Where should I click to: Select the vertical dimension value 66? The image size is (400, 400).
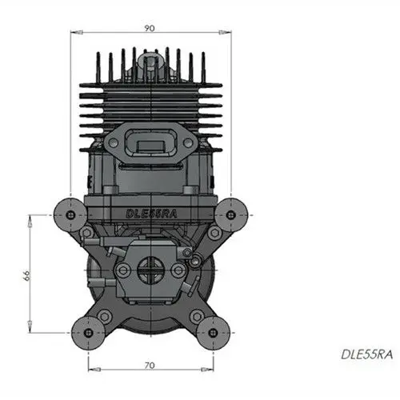click(26, 274)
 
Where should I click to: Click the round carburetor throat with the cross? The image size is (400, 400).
click(148, 271)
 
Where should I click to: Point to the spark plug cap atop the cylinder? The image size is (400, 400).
click(148, 59)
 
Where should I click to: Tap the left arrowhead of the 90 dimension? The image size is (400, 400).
click(74, 33)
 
